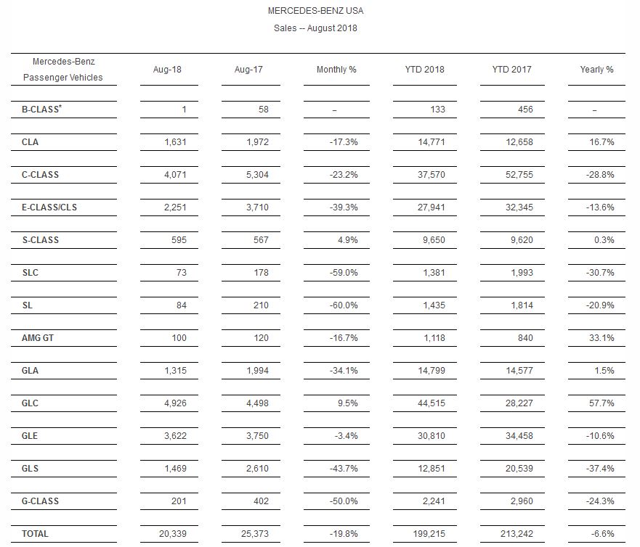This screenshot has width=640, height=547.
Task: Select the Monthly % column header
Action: click(336, 70)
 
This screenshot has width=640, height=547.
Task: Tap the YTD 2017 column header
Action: click(511, 70)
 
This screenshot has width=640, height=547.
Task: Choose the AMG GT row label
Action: click(37, 337)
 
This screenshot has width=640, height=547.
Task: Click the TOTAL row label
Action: click(35, 533)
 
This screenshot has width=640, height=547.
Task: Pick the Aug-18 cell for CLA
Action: click(173, 142)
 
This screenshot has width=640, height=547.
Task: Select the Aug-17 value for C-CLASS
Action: click(256, 175)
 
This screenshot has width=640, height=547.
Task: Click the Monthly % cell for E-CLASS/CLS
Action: click(343, 207)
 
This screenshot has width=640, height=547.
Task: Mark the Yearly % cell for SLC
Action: click(600, 273)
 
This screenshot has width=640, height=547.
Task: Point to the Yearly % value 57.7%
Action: click(600, 403)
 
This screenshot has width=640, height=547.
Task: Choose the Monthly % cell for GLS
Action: click(343, 469)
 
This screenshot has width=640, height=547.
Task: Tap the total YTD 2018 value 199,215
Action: click(429, 533)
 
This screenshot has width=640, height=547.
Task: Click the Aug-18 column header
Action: click(167, 70)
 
